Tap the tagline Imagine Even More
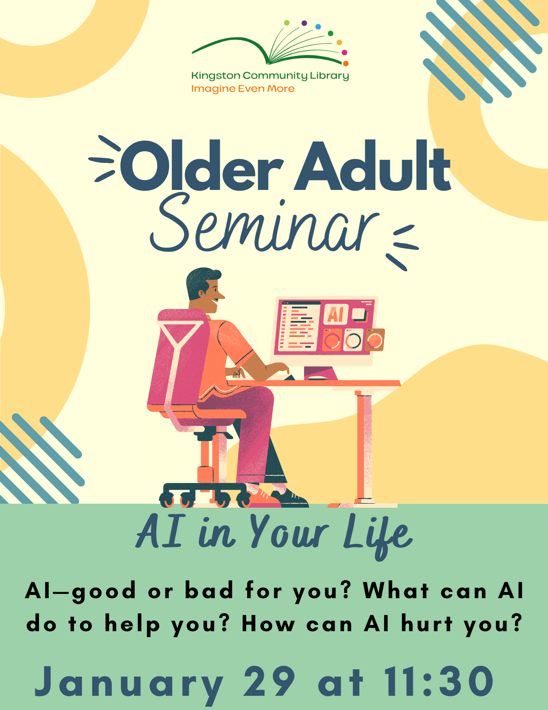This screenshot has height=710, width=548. (243, 89)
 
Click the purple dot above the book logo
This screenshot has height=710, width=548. (304, 23)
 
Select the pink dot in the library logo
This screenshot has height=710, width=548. (344, 53)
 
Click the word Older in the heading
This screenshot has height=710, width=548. (202, 166)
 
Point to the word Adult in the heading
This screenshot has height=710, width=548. (372, 165)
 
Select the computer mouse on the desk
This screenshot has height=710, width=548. (317, 378)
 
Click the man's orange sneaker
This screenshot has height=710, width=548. (264, 498)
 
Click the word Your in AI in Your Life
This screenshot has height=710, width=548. (289, 532)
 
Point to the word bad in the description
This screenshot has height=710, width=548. (209, 590)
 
